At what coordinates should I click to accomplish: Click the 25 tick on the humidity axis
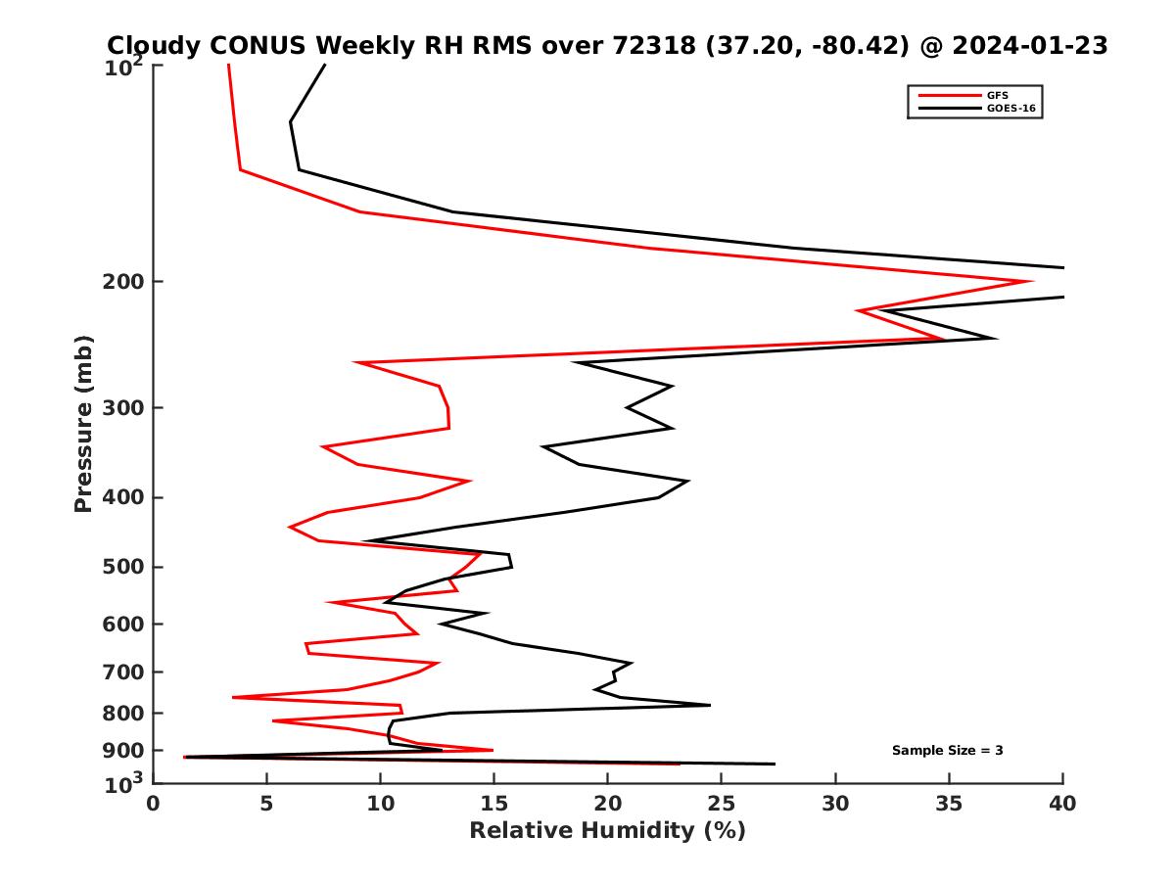pyautogui.click(x=722, y=804)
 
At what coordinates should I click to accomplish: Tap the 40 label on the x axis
pyautogui.click(x=1062, y=804)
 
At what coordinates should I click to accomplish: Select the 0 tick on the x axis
pyautogui.click(x=153, y=804)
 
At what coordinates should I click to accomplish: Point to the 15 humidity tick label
pyautogui.click(x=493, y=804)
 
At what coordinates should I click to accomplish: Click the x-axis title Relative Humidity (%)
pyautogui.click(x=607, y=831)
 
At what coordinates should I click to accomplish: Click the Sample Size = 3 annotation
pyautogui.click(x=947, y=751)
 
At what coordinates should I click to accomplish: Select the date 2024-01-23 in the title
pyautogui.click(x=1027, y=45)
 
